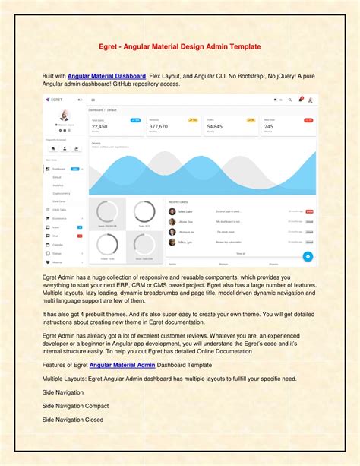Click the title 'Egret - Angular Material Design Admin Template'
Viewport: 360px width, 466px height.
(180, 46)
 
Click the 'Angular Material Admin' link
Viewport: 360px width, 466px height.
(122, 366)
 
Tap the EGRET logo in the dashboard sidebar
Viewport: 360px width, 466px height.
(54, 100)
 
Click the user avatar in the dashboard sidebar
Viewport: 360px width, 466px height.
(64, 116)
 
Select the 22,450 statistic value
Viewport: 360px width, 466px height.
(99, 127)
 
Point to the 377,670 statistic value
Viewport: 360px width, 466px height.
(159, 127)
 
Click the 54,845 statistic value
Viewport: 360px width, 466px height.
(215, 127)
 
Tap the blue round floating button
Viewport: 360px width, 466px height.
(308, 256)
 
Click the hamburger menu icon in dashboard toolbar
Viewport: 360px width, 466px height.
(93, 100)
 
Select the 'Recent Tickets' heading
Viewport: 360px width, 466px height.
(179, 202)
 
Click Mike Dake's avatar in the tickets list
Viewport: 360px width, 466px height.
(172, 211)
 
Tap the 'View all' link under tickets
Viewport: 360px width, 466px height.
(241, 253)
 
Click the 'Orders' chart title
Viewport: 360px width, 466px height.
(96, 143)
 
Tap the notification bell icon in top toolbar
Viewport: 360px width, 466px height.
(301, 99)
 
